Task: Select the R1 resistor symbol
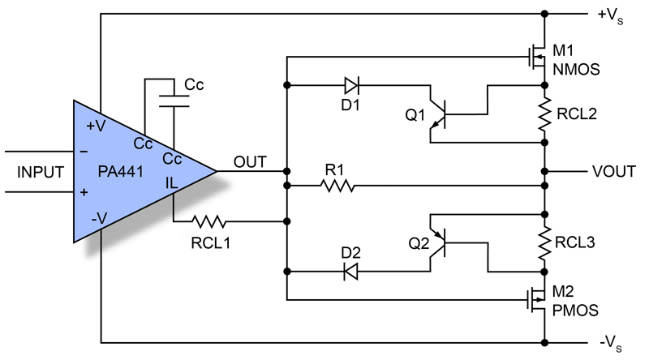(x=337, y=186)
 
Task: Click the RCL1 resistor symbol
(x=209, y=220)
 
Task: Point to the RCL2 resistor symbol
(x=544, y=114)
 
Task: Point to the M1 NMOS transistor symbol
(x=534, y=58)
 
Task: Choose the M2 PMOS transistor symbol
(x=534, y=302)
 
